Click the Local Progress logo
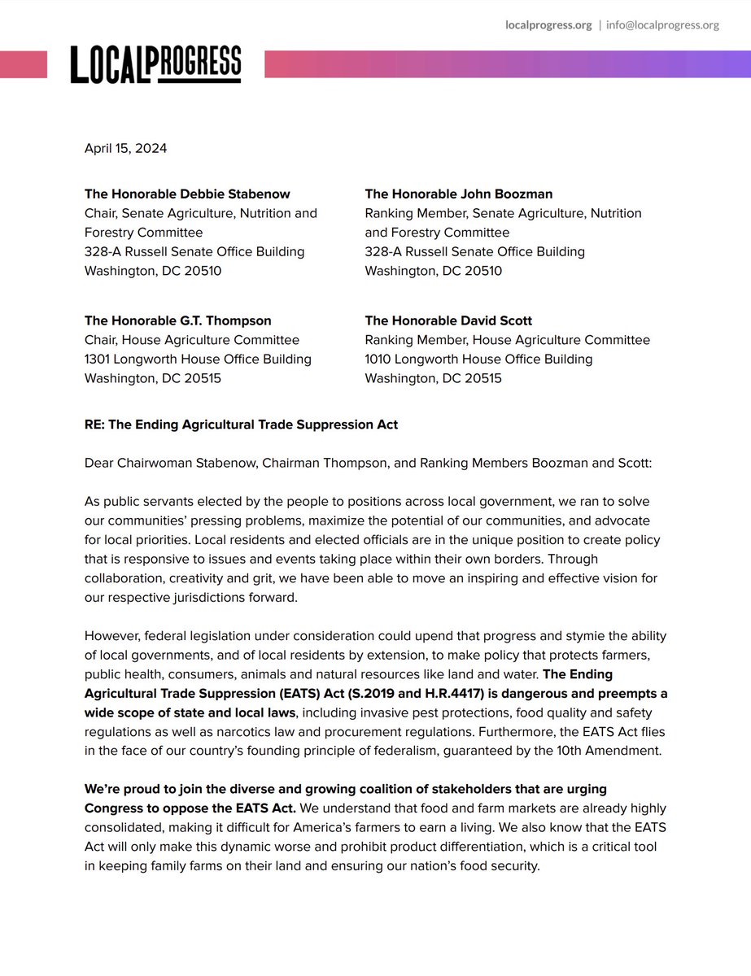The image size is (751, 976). pos(155,63)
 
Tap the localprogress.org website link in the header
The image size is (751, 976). pos(548,24)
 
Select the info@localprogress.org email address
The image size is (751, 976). pos(662,24)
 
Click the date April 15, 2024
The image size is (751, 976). pos(125,148)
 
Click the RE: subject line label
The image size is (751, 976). pos(95,425)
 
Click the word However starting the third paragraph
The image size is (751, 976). pos(112,635)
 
